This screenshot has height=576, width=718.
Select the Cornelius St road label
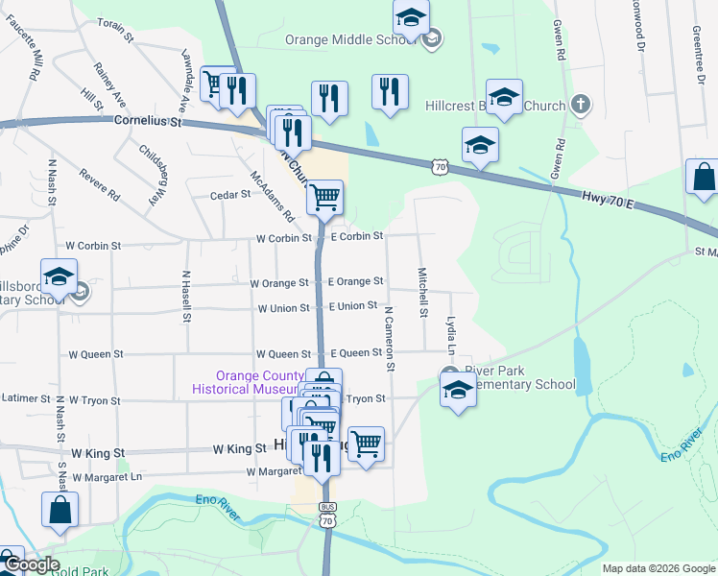(147, 122)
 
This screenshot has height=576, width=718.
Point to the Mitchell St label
(422, 292)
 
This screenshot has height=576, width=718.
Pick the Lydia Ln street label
(449, 332)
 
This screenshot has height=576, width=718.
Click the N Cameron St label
(390, 338)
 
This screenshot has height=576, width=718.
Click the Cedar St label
(230, 195)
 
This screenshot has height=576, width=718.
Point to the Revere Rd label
(100, 182)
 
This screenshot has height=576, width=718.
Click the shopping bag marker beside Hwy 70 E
(704, 178)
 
